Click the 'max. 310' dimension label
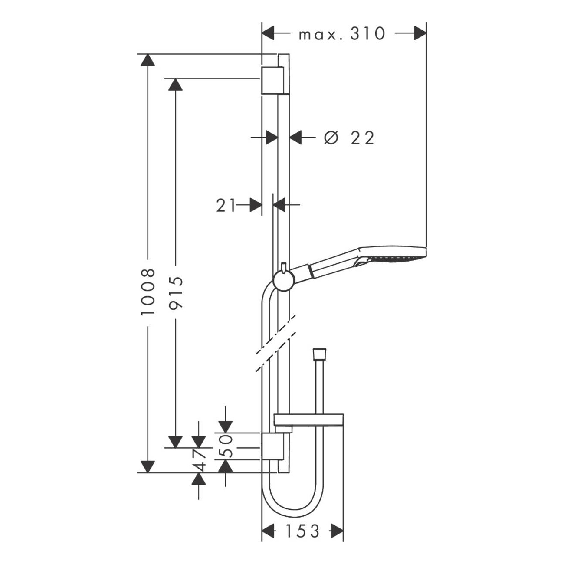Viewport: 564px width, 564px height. tap(342, 33)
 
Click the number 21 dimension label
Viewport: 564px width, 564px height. tap(226, 205)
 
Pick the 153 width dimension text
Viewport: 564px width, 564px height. tap(302, 531)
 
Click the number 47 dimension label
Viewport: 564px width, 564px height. tap(200, 460)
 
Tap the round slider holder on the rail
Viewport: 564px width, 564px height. tap(283, 281)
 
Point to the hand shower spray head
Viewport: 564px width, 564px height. tap(393, 256)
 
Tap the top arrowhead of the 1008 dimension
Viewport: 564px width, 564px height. tap(148, 60)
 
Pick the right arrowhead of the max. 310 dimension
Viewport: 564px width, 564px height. tap(420, 33)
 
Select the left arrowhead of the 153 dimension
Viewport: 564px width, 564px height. tap(269, 531)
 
